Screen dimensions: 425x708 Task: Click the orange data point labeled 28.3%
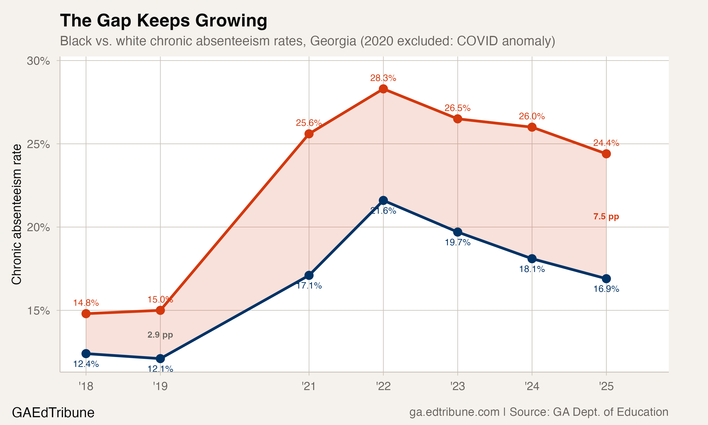[383, 89]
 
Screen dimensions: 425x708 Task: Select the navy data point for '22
[383, 200]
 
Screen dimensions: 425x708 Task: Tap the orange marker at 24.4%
[606, 154]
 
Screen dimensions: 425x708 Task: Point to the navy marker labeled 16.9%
[606, 279]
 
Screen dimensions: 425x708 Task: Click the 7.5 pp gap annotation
[606, 217]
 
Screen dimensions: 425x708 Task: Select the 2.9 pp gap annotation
[160, 335]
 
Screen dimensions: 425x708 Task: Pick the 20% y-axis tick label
[38, 227]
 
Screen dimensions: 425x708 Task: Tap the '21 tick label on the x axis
[308, 386]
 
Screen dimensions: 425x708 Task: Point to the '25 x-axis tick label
[606, 386]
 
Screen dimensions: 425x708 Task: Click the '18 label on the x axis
[86, 386]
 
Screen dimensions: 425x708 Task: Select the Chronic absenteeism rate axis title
[17, 214]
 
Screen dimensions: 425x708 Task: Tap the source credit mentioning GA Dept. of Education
[539, 412]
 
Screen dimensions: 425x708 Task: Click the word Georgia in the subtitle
[333, 41]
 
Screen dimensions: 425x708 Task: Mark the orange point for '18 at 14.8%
[86, 314]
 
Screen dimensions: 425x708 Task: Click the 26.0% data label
[532, 116]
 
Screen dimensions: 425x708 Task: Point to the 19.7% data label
[457, 242]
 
